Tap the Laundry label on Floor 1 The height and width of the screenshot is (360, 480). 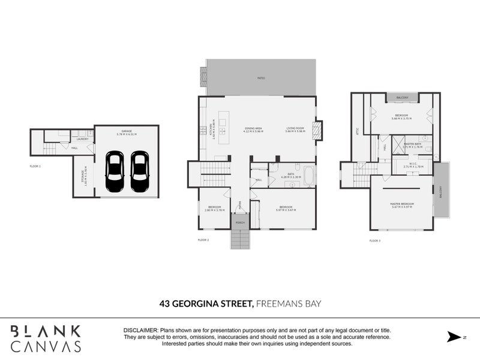[x=82, y=139]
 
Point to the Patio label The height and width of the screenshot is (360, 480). [x=261, y=78]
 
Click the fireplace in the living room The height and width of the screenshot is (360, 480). [x=318, y=130]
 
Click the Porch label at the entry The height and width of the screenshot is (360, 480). [x=240, y=223]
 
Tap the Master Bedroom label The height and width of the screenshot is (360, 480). [x=402, y=205]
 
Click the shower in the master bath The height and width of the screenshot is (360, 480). [x=397, y=144]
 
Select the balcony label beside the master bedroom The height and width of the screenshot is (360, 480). [x=440, y=191]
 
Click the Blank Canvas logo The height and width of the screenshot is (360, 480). [x=46, y=338]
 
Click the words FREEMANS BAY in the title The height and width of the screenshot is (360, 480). [x=288, y=304]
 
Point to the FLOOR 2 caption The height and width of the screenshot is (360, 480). [x=203, y=239]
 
